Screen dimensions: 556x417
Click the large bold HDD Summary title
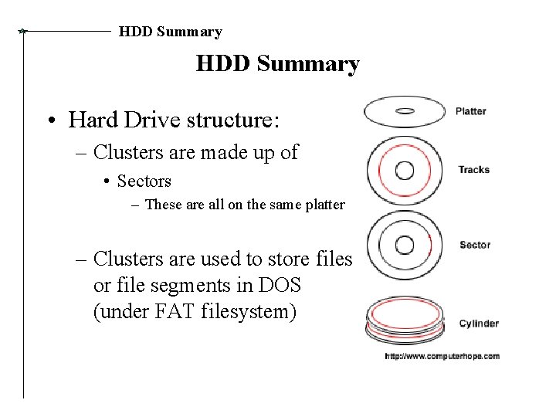277,63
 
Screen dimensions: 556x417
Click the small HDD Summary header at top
170,32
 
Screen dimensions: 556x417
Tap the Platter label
470,111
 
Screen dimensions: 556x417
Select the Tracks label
473,170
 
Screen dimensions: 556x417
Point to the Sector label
474,245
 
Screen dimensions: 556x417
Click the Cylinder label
478,324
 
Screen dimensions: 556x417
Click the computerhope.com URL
442,356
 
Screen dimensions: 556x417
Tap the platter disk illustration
405,111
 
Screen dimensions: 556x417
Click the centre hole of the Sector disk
405,245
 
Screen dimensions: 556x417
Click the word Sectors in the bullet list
144,181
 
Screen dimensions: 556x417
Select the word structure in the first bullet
238,120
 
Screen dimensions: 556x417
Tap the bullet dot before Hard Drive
49,121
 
